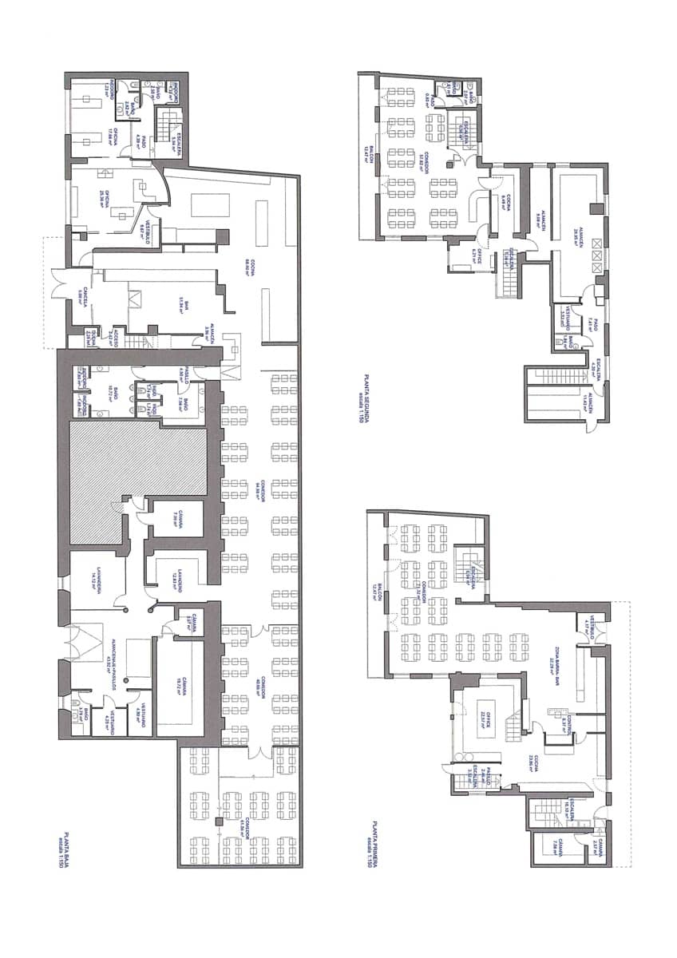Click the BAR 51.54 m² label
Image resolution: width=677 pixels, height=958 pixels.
point(182,303)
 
